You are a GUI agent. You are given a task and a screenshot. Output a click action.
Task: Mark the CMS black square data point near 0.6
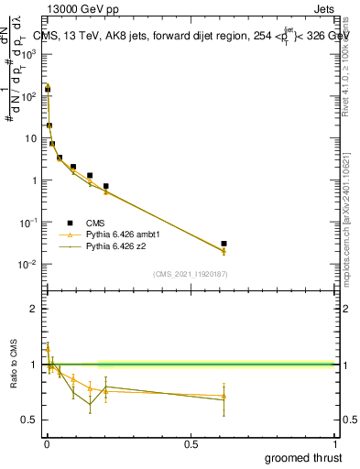[224, 244]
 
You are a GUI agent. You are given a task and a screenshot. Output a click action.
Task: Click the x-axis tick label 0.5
[191, 445]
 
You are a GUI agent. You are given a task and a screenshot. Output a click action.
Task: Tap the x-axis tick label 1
[335, 445]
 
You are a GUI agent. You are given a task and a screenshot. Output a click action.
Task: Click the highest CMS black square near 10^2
[48, 90]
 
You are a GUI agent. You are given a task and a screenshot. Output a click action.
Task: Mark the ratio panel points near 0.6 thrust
[224, 397]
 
